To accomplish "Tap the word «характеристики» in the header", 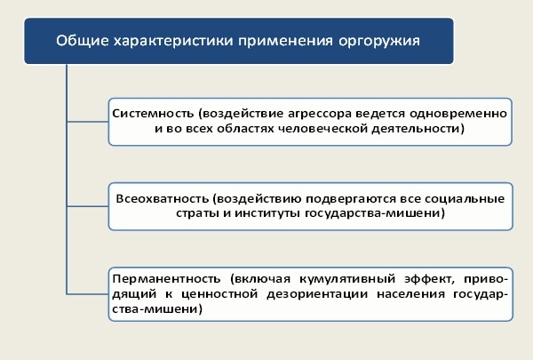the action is tap(173, 41).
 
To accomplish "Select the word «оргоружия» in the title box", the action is tap(379, 42).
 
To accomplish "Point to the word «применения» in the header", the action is tap(285, 41).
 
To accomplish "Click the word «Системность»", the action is tap(153, 113).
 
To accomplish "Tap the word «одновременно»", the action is tap(458, 114).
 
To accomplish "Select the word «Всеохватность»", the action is tap(163, 198).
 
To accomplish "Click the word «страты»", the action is tap(197, 214).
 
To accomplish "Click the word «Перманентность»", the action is tap(167, 279).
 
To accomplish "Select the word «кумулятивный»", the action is tap(347, 279).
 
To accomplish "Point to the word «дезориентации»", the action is tap(317, 294).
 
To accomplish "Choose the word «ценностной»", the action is tap(219, 294).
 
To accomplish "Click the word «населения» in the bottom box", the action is tap(410, 294).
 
